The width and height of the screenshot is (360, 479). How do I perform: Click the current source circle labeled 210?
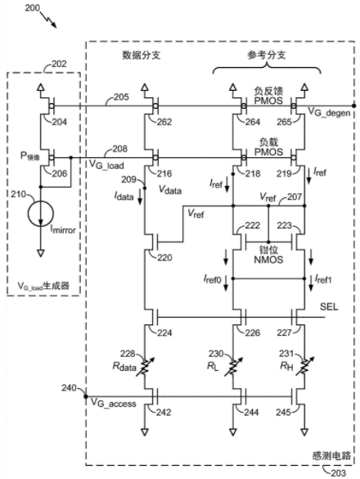(x=41, y=214)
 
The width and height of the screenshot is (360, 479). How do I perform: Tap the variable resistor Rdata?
(x=145, y=367)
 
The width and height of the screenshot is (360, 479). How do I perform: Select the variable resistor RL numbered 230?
(x=233, y=367)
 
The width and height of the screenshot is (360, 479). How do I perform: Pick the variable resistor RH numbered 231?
(x=304, y=367)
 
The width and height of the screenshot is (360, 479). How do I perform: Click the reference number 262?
(x=164, y=122)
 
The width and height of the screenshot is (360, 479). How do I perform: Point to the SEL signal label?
(x=329, y=306)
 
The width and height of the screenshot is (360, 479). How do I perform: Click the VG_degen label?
(x=329, y=112)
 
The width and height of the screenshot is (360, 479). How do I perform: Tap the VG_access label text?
(x=114, y=403)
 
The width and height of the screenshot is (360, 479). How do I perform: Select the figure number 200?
(x=33, y=8)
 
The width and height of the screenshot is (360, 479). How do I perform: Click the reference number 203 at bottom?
(x=338, y=473)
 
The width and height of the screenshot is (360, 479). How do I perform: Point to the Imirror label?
(x=63, y=229)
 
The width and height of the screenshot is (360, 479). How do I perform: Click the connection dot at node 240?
(x=86, y=396)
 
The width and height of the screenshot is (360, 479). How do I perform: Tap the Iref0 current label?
(x=212, y=279)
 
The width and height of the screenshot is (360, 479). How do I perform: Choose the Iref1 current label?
(x=323, y=279)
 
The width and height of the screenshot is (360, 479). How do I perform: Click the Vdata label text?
(x=170, y=190)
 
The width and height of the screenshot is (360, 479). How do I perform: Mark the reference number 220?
(x=165, y=258)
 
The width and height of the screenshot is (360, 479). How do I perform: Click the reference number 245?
(x=283, y=413)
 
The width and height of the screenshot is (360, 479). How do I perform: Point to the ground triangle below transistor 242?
(x=145, y=432)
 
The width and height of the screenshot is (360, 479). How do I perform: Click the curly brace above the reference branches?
(x=267, y=68)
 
